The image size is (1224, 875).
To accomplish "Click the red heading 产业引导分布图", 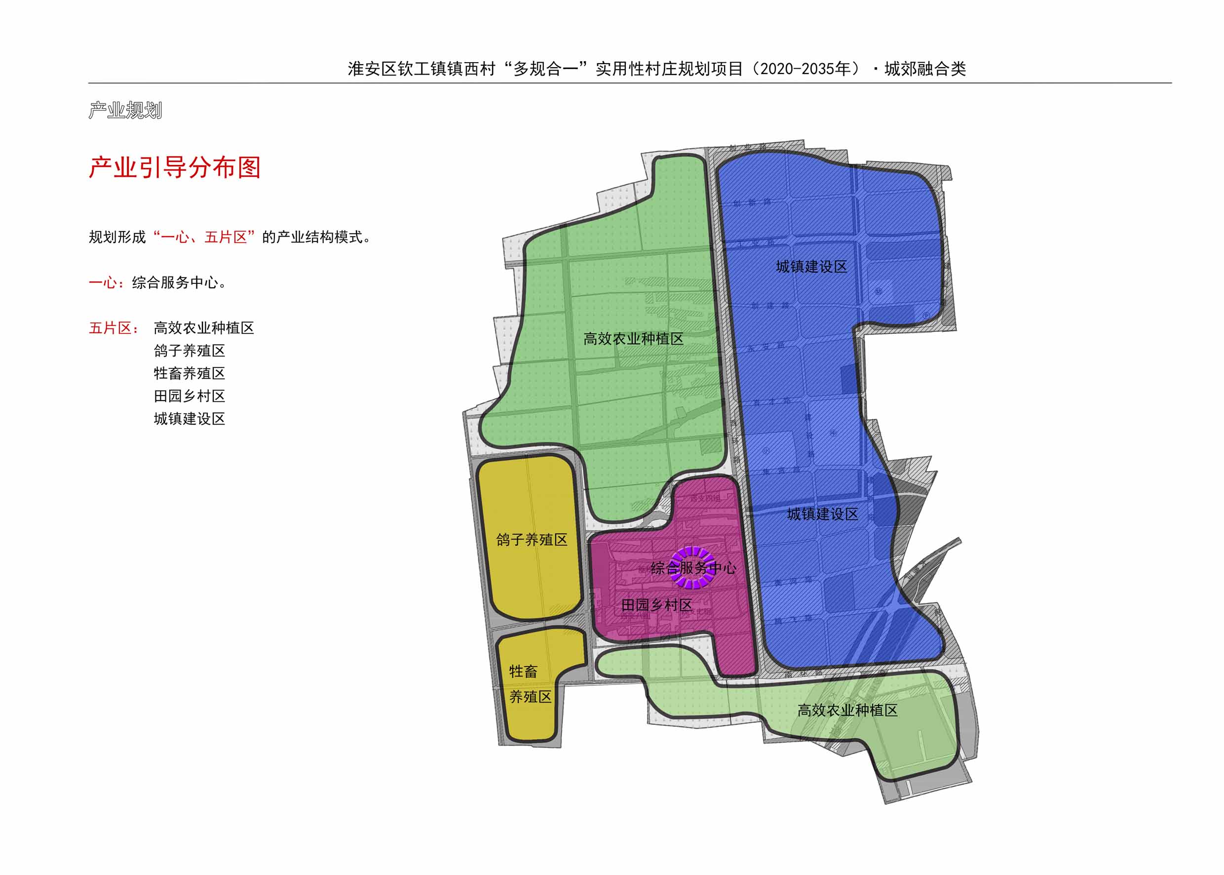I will pos(175,167).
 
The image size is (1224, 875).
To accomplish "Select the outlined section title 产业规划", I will pos(125,111).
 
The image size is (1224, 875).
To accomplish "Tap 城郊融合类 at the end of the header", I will pos(924,69).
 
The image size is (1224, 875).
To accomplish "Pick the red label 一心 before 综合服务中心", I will pos(102,283).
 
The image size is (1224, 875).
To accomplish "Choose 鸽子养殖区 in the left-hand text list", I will pos(189,351).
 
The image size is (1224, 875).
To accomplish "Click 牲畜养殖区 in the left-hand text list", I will pos(189,373).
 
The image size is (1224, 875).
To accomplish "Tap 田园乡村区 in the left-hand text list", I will pos(189,396).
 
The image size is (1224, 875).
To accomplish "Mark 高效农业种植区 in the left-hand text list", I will pos(203,328).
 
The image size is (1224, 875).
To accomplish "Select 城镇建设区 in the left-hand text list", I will pos(189,419).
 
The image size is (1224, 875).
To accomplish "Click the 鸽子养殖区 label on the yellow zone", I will pos(532,539).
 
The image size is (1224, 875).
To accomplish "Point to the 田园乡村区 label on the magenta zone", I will pos(656,605).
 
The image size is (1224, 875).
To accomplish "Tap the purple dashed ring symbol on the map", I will pos(693,567).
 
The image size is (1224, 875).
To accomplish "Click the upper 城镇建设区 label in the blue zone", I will pos(811,267).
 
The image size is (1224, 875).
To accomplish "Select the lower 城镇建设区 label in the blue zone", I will pos(822,514).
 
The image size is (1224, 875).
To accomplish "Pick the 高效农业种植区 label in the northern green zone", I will pos(633,339).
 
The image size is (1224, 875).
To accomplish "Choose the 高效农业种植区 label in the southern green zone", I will pos(847,711).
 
